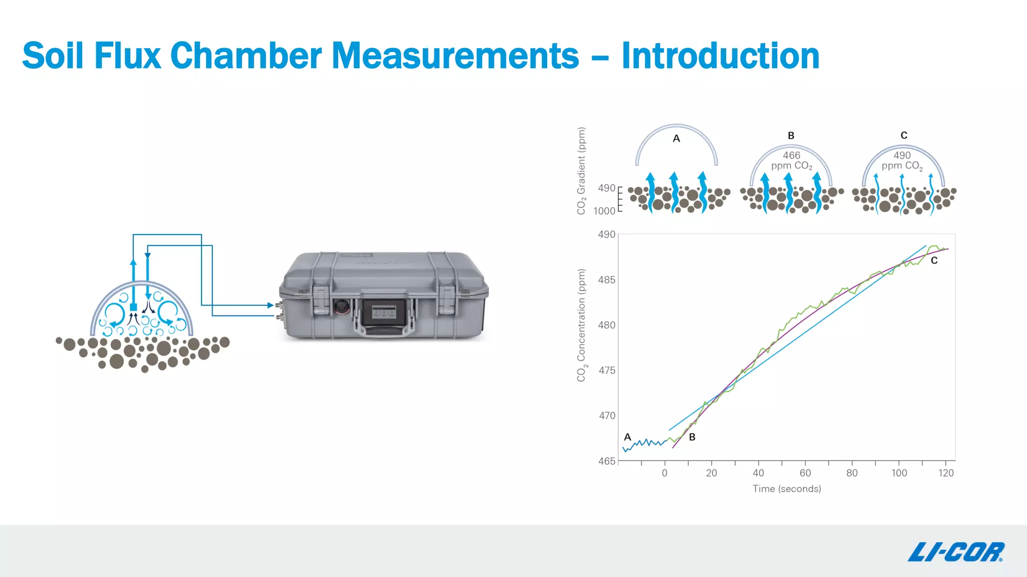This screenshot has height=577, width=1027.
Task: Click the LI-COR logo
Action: [956, 552]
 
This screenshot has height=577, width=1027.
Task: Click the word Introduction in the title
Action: [720, 56]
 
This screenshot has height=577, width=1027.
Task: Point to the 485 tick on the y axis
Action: [607, 280]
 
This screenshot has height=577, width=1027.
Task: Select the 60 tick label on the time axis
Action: [805, 473]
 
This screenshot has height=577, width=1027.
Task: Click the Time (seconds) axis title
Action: [787, 489]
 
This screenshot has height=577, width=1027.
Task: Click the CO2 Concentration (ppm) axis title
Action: [581, 326]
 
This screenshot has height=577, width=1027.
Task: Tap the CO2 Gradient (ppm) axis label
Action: [581, 171]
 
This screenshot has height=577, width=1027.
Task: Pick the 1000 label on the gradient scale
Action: [604, 211]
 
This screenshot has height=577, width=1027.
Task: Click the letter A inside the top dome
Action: [676, 139]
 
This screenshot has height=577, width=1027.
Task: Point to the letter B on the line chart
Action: [692, 437]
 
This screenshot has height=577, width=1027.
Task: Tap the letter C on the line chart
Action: [934, 261]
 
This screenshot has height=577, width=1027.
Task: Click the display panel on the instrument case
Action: [384, 313]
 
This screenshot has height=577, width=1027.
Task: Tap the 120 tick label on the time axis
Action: [946, 473]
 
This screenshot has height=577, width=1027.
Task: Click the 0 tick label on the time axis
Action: [664, 473]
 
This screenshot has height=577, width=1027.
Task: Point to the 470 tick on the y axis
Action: [607, 416]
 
